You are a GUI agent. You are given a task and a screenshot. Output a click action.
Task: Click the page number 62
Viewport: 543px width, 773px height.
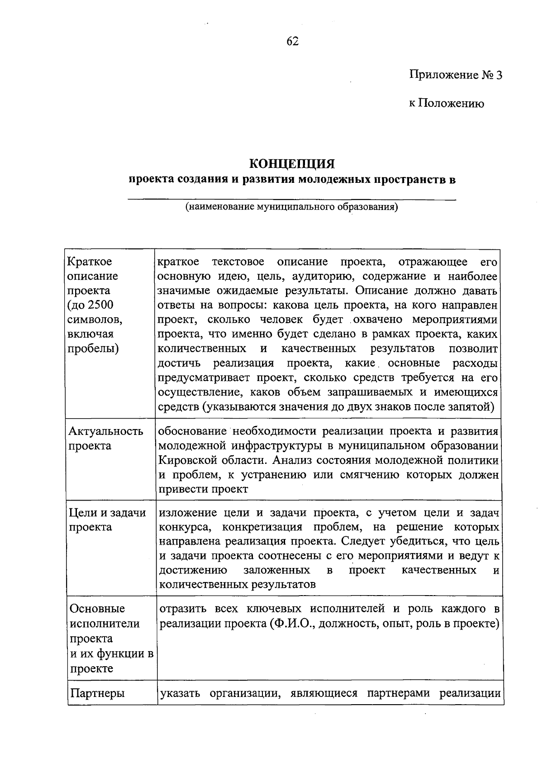pos(293,42)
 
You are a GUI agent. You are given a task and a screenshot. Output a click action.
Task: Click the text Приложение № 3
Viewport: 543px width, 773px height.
pos(456,75)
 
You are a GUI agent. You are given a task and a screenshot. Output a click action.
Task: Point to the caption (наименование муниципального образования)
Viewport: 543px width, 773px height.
pos(291,208)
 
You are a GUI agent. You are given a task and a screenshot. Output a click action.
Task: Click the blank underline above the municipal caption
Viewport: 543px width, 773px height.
pos(292,199)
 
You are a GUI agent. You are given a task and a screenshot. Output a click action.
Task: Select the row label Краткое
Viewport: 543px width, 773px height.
pos(89,262)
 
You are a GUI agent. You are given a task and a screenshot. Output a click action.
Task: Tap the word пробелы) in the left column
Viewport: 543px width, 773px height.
pos(93,349)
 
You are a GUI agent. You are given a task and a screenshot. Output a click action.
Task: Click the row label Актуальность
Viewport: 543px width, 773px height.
pos(105,431)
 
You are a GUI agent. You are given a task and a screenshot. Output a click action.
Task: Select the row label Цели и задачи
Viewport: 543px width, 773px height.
pos(107,513)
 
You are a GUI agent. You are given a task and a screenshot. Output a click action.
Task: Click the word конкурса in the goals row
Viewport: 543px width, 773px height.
pos(185,527)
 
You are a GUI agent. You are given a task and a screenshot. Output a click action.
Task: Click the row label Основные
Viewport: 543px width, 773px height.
pos(97,609)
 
